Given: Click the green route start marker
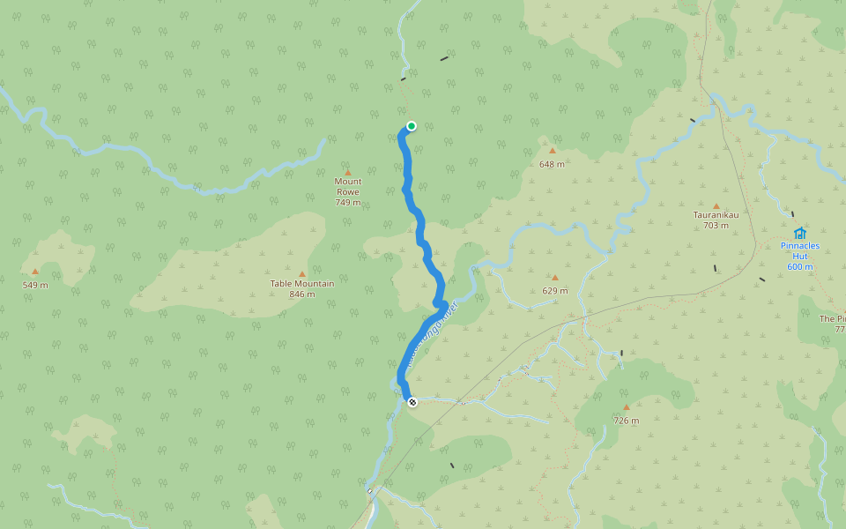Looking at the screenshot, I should pos(411,126).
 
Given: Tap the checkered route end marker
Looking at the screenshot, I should pos(412,402).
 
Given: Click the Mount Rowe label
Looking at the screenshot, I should pos(347,187).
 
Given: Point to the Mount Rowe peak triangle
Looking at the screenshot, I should pos(347,172).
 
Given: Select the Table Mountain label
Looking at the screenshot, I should pos(302,284).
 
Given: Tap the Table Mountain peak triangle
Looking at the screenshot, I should pos(302,274).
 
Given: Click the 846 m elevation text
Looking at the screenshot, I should pos(302,294).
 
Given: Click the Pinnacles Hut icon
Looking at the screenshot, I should pos(799,234).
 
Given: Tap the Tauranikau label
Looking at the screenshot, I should pos(716,214).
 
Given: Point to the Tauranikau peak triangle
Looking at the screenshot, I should pos(716,205).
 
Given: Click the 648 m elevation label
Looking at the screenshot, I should pos(553,164).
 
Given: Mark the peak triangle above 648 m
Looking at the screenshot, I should pos(553,151).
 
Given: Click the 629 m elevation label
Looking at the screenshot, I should pos(555,291).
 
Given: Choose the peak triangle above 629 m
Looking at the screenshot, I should pos(554,278).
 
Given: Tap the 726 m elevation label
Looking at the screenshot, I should pos(627,421).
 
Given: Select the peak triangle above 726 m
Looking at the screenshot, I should pos(627,407).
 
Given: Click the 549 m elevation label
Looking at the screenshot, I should pos(35,285).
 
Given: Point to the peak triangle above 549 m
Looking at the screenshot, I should pos(35,272).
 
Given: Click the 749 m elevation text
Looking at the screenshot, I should pos(347,203).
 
